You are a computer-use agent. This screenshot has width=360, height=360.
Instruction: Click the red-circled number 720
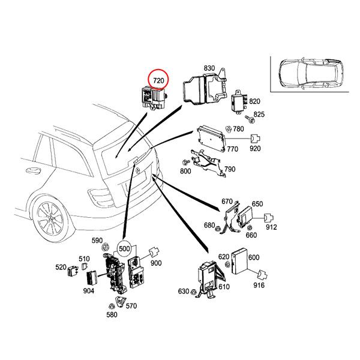[x=159, y=80]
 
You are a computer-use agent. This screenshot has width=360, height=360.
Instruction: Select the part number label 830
[x=209, y=68]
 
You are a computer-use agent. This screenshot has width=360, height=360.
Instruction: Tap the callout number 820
[x=254, y=101]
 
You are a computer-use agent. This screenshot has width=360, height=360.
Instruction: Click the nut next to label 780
[x=229, y=128]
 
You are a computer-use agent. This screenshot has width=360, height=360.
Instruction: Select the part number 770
[x=233, y=148]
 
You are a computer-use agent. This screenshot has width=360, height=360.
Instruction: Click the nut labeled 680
[x=220, y=225]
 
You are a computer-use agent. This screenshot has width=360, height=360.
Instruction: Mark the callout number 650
[x=257, y=204]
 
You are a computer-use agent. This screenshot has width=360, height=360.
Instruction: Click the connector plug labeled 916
[x=262, y=275]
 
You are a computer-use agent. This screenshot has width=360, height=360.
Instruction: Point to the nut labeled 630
[x=195, y=292]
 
